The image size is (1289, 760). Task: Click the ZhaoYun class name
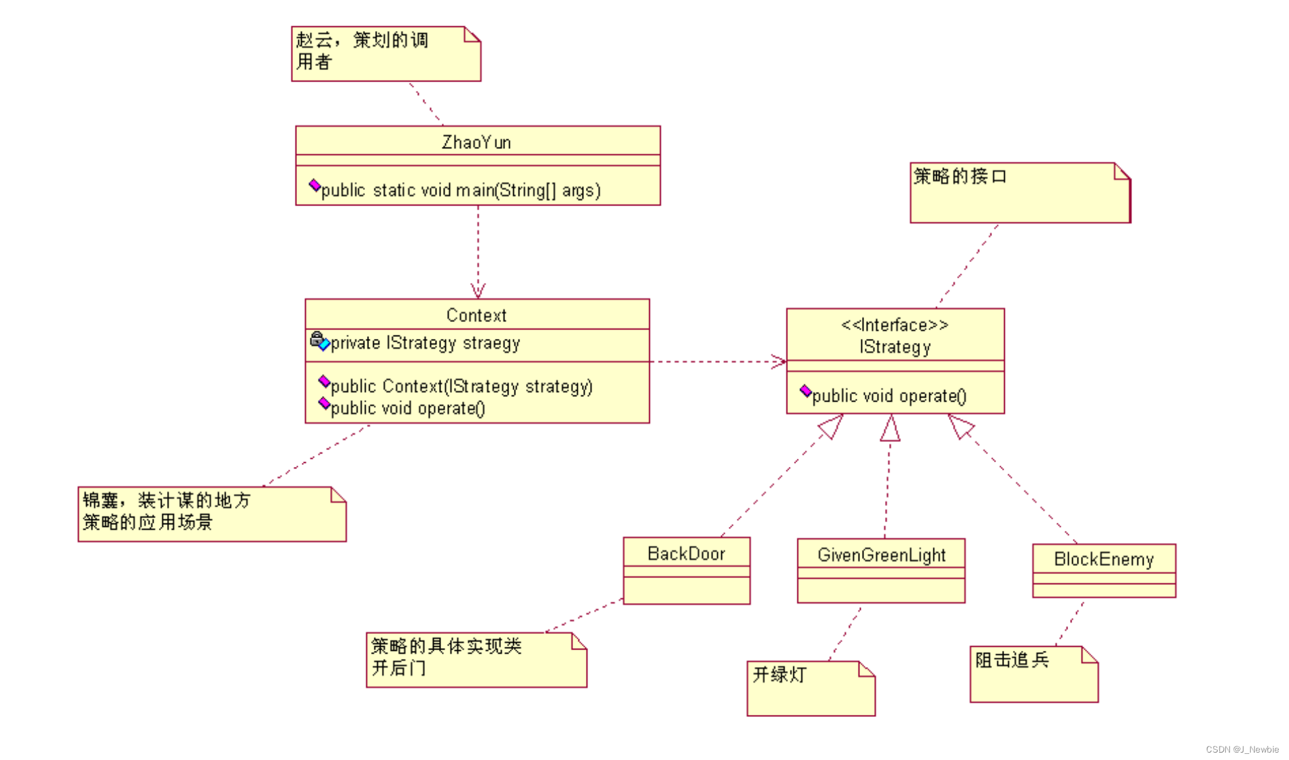click(x=476, y=142)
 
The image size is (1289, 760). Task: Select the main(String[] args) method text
click(x=461, y=191)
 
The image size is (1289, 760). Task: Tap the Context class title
click(x=476, y=315)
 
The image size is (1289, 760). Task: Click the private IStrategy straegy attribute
click(x=425, y=343)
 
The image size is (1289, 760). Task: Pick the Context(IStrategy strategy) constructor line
click(x=461, y=386)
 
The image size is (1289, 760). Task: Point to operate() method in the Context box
click(x=407, y=408)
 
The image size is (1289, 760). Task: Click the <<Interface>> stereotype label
click(x=894, y=325)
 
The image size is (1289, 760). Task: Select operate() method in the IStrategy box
click(x=889, y=395)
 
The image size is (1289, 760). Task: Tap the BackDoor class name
click(x=686, y=554)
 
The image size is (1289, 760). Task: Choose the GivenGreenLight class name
click(x=881, y=555)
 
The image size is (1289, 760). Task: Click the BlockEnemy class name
click(x=1103, y=559)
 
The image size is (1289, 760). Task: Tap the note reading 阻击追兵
click(x=1033, y=674)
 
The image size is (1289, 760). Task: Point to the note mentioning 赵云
click(x=385, y=54)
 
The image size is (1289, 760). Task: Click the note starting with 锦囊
click(x=211, y=513)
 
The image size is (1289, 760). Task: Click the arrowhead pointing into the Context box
click(x=478, y=292)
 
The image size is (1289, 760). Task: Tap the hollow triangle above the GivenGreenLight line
click(x=890, y=429)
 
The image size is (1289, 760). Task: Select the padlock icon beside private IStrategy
click(x=317, y=338)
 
